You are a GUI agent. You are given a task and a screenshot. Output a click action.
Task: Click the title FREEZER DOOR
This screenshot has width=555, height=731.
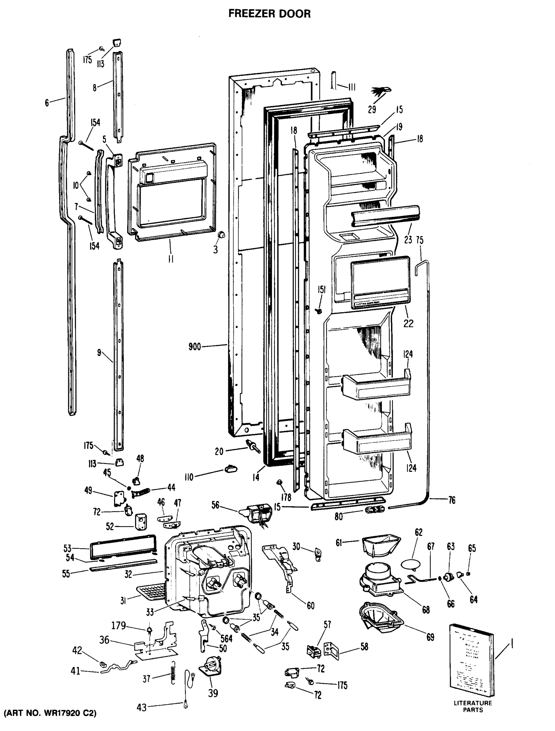(269, 14)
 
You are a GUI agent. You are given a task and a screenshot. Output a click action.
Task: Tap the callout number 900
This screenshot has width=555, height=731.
(194, 347)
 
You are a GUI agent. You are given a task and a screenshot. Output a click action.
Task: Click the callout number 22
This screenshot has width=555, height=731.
(408, 323)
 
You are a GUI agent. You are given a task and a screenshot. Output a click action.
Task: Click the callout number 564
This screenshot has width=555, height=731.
(226, 638)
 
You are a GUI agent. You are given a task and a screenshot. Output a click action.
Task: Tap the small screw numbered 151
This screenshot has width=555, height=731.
(319, 310)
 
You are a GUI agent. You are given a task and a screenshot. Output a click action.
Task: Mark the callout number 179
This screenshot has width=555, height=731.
(119, 625)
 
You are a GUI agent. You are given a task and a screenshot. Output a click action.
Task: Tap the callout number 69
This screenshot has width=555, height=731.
(430, 637)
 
